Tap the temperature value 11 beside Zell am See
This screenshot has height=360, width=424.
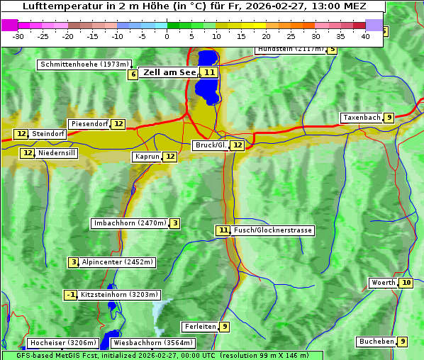click(208, 72)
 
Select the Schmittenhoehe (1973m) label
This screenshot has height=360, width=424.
click(84, 64)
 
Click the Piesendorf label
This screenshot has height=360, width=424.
click(90, 124)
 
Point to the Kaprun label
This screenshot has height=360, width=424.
click(147, 157)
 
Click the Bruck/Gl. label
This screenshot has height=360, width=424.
click(211, 145)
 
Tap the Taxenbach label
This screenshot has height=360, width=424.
click(362, 118)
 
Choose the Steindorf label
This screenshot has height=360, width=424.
click(49, 134)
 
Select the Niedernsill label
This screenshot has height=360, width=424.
click(57, 153)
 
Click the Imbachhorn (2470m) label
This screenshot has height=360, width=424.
click(130, 224)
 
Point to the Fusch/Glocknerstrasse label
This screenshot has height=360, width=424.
click(273, 230)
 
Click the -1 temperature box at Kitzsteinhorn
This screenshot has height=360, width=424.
click(70, 295)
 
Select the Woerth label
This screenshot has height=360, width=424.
click(384, 283)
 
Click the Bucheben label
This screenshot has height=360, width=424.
click(376, 342)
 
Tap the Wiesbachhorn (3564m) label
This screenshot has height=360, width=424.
click(152, 343)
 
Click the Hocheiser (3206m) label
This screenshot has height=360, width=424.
click(57, 343)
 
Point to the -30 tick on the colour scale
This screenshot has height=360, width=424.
click(18, 35)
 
